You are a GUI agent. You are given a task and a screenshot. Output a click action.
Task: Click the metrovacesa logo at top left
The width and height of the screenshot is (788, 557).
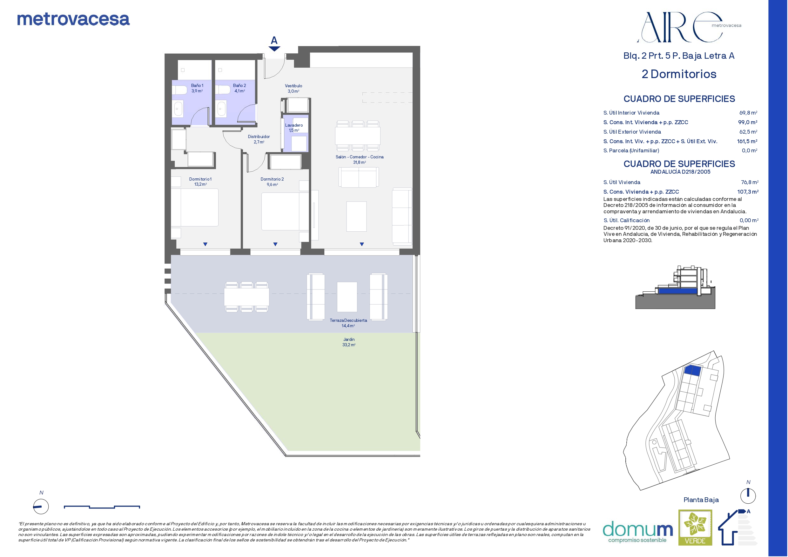click(73, 20)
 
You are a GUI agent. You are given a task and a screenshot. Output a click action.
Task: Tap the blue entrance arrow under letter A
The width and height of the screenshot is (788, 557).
click(274, 49)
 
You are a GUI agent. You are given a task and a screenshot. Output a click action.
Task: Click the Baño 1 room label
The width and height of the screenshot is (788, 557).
click(197, 88)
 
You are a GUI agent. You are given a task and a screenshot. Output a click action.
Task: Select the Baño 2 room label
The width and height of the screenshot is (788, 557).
click(239, 88)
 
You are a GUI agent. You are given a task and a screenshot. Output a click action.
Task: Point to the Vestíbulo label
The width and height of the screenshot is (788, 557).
click(293, 89)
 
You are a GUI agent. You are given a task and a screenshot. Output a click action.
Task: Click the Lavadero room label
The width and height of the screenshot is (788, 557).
click(294, 128)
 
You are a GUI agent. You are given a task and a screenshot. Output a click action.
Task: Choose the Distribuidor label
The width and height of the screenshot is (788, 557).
click(259, 139)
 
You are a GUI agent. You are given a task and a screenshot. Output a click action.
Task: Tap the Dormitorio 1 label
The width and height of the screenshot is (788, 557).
click(200, 182)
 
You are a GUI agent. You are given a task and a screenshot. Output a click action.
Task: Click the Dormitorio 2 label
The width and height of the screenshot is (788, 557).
click(272, 182)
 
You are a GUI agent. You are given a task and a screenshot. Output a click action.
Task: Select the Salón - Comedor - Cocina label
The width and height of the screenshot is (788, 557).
click(360, 160)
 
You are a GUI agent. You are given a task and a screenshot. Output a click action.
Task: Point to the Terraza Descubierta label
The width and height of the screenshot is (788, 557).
click(348, 323)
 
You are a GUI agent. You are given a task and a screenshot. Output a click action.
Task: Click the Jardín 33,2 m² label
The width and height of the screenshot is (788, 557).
click(349, 342)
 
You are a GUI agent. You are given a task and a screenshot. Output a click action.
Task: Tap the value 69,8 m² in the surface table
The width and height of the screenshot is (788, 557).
click(748, 112)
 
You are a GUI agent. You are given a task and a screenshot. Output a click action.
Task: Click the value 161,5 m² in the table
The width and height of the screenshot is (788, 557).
click(747, 141)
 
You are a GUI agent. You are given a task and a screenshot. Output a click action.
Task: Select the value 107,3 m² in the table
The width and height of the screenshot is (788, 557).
click(748, 192)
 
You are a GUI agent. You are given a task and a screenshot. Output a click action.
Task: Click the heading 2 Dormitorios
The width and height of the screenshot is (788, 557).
click(679, 74)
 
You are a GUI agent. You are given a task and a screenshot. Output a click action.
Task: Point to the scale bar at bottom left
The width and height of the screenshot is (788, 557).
click(102, 507)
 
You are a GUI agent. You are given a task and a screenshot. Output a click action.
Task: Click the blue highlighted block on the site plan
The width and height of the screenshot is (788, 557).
click(693, 371)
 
